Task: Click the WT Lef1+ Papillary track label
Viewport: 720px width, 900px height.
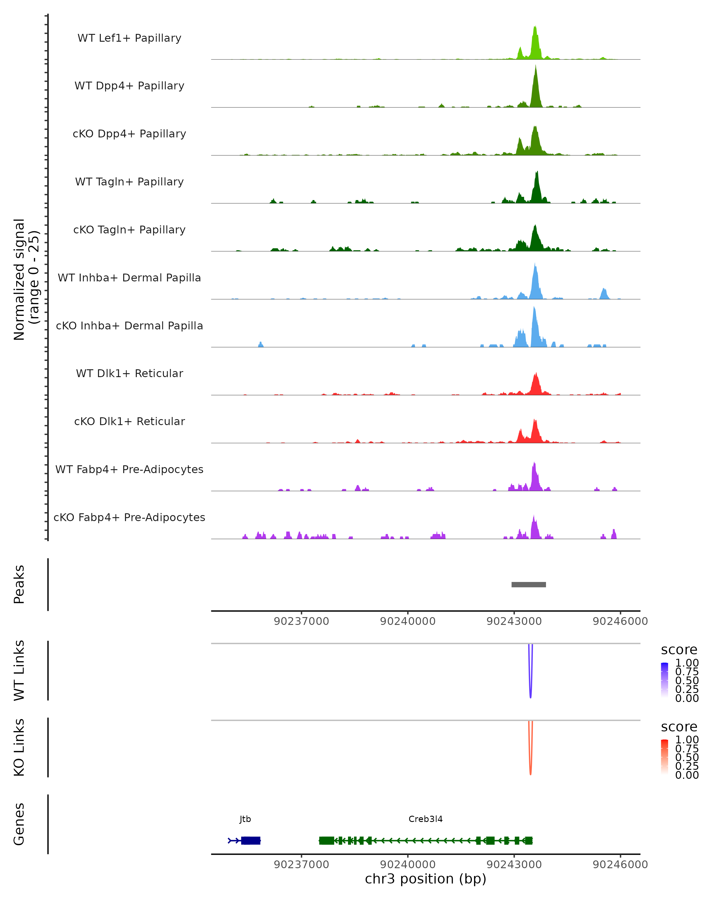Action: pos(129,38)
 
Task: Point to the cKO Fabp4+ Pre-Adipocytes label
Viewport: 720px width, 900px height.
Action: pos(129,517)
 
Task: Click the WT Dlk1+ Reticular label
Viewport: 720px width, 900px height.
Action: pos(129,373)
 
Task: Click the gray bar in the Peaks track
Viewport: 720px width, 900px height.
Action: pos(528,584)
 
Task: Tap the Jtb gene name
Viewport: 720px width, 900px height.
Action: pos(245,819)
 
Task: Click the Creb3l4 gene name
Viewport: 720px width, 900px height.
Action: pos(425,819)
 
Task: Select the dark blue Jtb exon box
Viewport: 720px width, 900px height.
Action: pos(250,840)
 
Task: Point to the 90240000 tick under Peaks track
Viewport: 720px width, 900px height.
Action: pos(407,621)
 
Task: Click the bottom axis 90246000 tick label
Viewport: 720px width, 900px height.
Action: pos(620,865)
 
